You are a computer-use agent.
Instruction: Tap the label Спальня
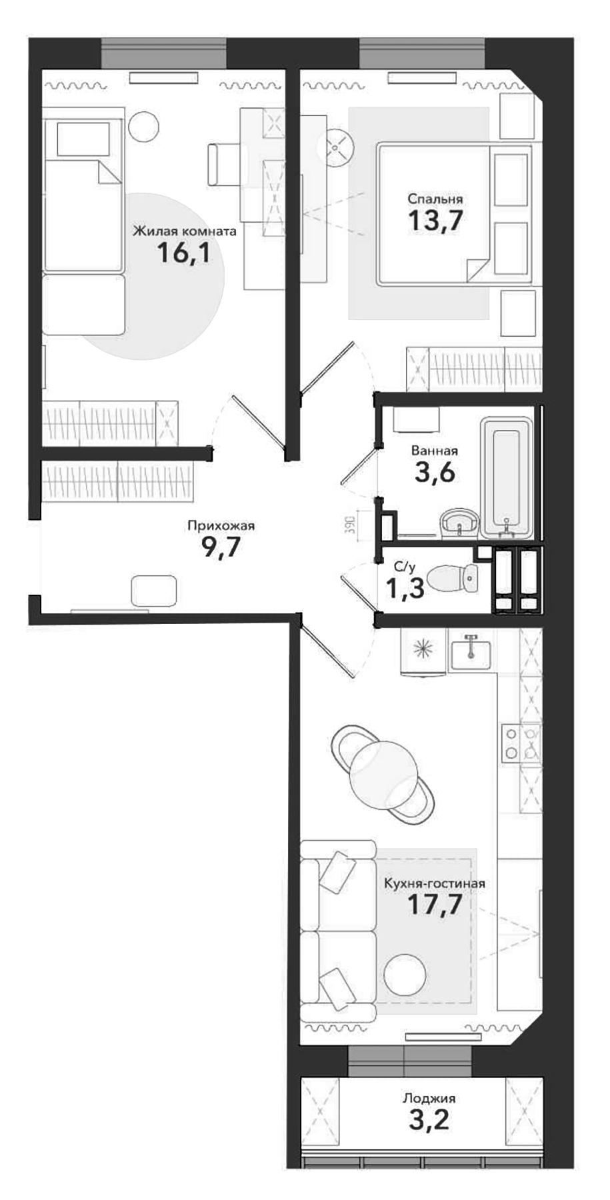pos(435,199)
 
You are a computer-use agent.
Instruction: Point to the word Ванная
pos(435,451)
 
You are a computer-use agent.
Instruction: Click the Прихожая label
pos(221,526)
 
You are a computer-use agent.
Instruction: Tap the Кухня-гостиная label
pos(434,883)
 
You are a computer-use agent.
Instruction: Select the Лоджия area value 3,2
pos(429,1120)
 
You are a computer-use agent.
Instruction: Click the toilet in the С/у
pos(453,578)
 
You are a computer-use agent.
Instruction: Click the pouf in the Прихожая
pos(154,590)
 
